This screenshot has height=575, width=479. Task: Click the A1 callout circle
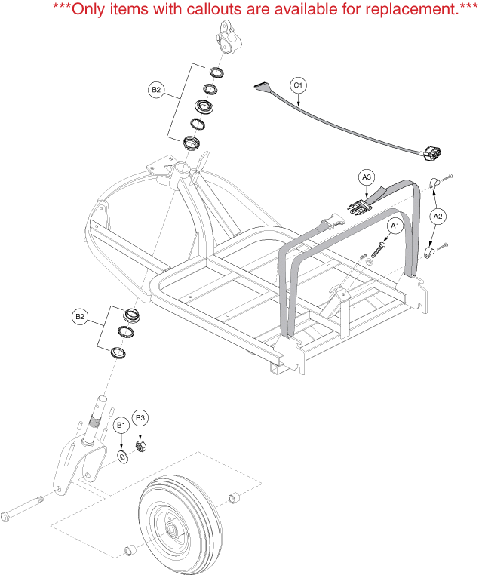(x=394, y=225)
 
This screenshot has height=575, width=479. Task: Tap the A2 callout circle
(x=438, y=216)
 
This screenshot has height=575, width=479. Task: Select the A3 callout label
(x=367, y=177)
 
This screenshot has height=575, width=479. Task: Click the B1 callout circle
(x=121, y=426)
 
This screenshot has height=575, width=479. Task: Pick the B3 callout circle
(x=140, y=417)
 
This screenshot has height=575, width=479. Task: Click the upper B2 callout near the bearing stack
(x=156, y=90)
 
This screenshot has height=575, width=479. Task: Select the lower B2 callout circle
(x=80, y=317)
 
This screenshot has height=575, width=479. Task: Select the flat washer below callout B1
(x=121, y=457)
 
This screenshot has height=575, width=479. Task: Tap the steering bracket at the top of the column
(x=229, y=35)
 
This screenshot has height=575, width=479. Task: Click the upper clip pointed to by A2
(x=436, y=183)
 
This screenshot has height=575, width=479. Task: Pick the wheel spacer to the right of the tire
(x=234, y=497)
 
